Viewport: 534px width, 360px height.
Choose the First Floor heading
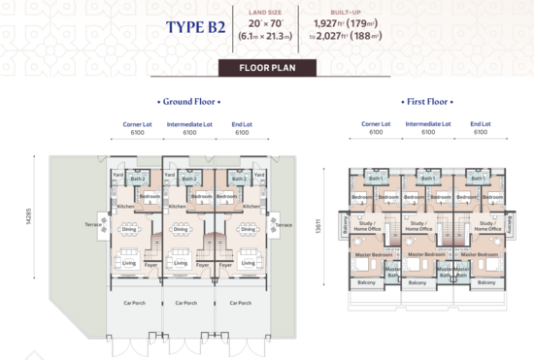tap(428, 101)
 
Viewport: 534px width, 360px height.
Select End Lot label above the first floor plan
tap(480, 125)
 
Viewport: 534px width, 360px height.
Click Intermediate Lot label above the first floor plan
tap(427, 125)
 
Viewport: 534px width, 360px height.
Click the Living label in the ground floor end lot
tap(248, 263)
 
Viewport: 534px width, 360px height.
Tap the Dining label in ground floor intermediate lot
tap(181, 229)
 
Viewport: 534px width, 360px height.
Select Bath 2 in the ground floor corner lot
tap(139, 179)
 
